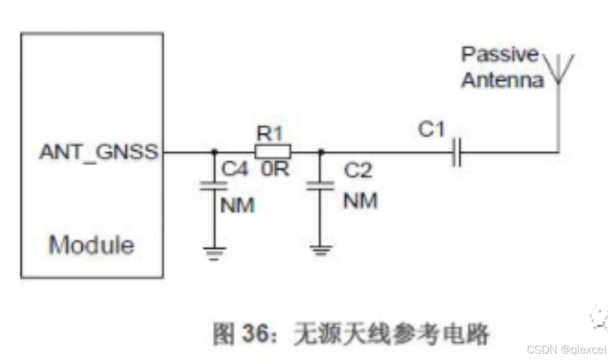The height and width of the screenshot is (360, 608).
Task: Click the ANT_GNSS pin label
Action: (99, 152)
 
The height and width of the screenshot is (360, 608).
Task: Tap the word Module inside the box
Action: (91, 245)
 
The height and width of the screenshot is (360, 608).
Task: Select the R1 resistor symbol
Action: (272, 152)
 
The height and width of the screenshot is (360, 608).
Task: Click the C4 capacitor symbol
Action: (214, 185)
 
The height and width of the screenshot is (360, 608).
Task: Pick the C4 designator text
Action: (235, 169)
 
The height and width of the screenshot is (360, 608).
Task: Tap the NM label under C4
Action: (237, 205)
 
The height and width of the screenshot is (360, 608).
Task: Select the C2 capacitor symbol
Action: (320, 185)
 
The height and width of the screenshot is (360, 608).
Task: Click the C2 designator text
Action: (358, 170)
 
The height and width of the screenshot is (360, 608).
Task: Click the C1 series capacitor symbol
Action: (456, 152)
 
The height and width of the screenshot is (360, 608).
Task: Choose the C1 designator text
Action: (431, 130)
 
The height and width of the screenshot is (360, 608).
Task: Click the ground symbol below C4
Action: (214, 253)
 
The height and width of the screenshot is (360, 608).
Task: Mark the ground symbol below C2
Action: (320, 250)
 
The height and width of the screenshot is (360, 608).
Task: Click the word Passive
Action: (500, 54)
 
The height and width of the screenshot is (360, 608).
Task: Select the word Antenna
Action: (502, 80)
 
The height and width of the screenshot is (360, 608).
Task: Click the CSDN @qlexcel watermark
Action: (567, 349)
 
